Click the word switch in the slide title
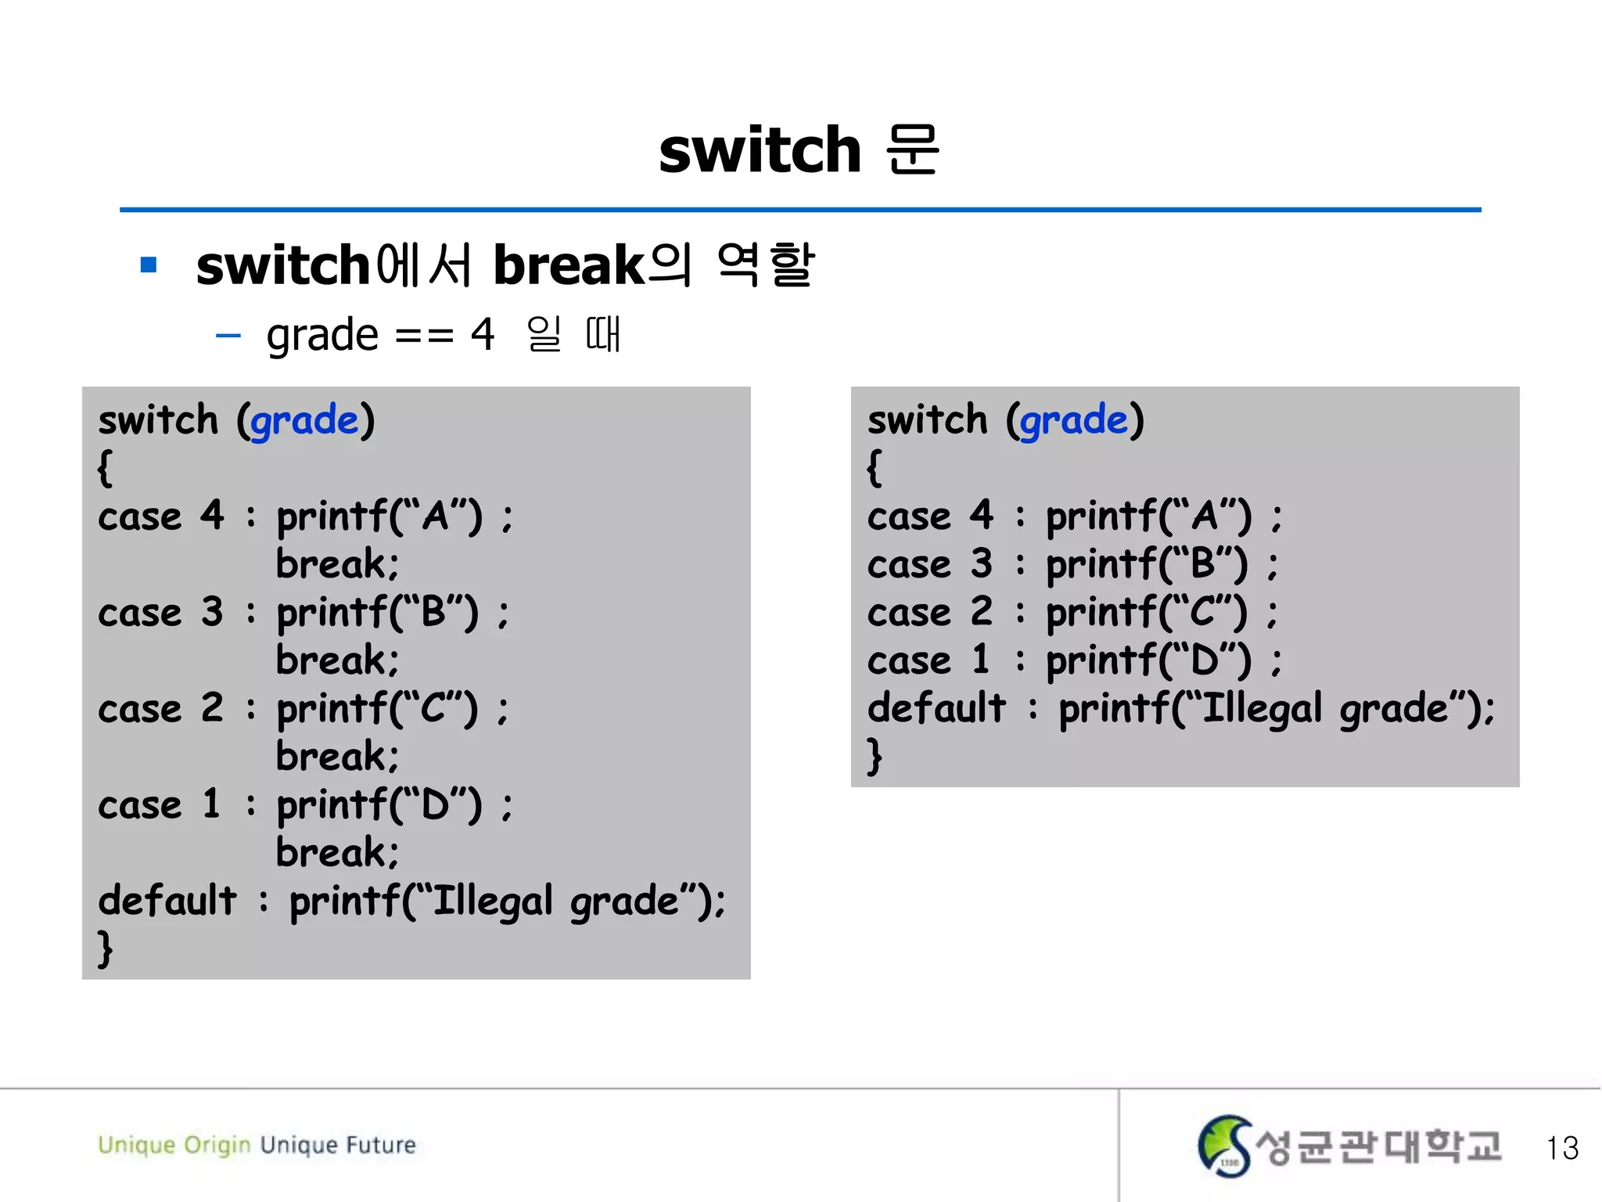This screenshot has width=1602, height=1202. [760, 150]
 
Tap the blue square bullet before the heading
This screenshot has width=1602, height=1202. [149, 265]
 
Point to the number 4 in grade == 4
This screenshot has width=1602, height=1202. [483, 335]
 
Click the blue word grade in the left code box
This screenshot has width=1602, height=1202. [304, 421]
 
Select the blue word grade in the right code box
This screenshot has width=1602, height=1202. [1074, 421]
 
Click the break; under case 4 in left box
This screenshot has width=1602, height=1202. [337, 564]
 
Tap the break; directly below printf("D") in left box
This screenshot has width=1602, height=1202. [337, 852]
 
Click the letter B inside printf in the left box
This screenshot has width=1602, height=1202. [433, 613]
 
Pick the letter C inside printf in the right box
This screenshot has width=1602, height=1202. [1203, 613]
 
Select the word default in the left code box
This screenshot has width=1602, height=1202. [167, 900]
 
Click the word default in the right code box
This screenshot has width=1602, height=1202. [936, 708]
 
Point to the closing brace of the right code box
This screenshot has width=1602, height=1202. [875, 757]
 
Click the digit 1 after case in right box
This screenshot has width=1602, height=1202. [981, 660]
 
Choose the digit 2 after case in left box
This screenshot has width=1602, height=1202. [212, 708]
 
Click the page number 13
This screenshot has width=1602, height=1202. [1562, 1148]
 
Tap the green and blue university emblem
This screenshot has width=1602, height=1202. [1224, 1146]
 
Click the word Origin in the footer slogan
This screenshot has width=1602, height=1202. [217, 1146]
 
